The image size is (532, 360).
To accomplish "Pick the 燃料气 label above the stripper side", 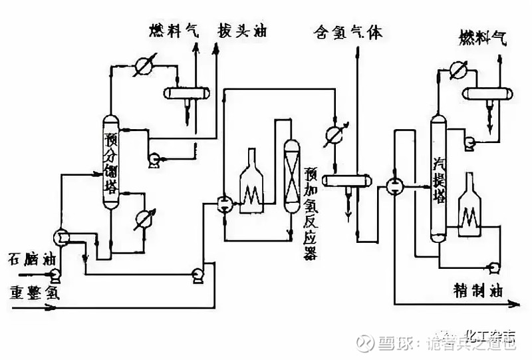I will (x=483, y=39).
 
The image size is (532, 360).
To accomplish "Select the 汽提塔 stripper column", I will (x=438, y=180).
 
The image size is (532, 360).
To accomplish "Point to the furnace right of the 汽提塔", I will (x=470, y=203).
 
